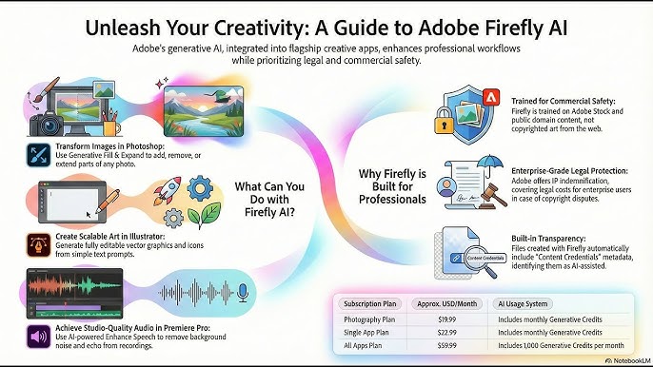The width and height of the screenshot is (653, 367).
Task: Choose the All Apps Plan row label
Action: (365, 347)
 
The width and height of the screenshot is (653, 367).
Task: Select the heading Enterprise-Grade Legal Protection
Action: (562, 166)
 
